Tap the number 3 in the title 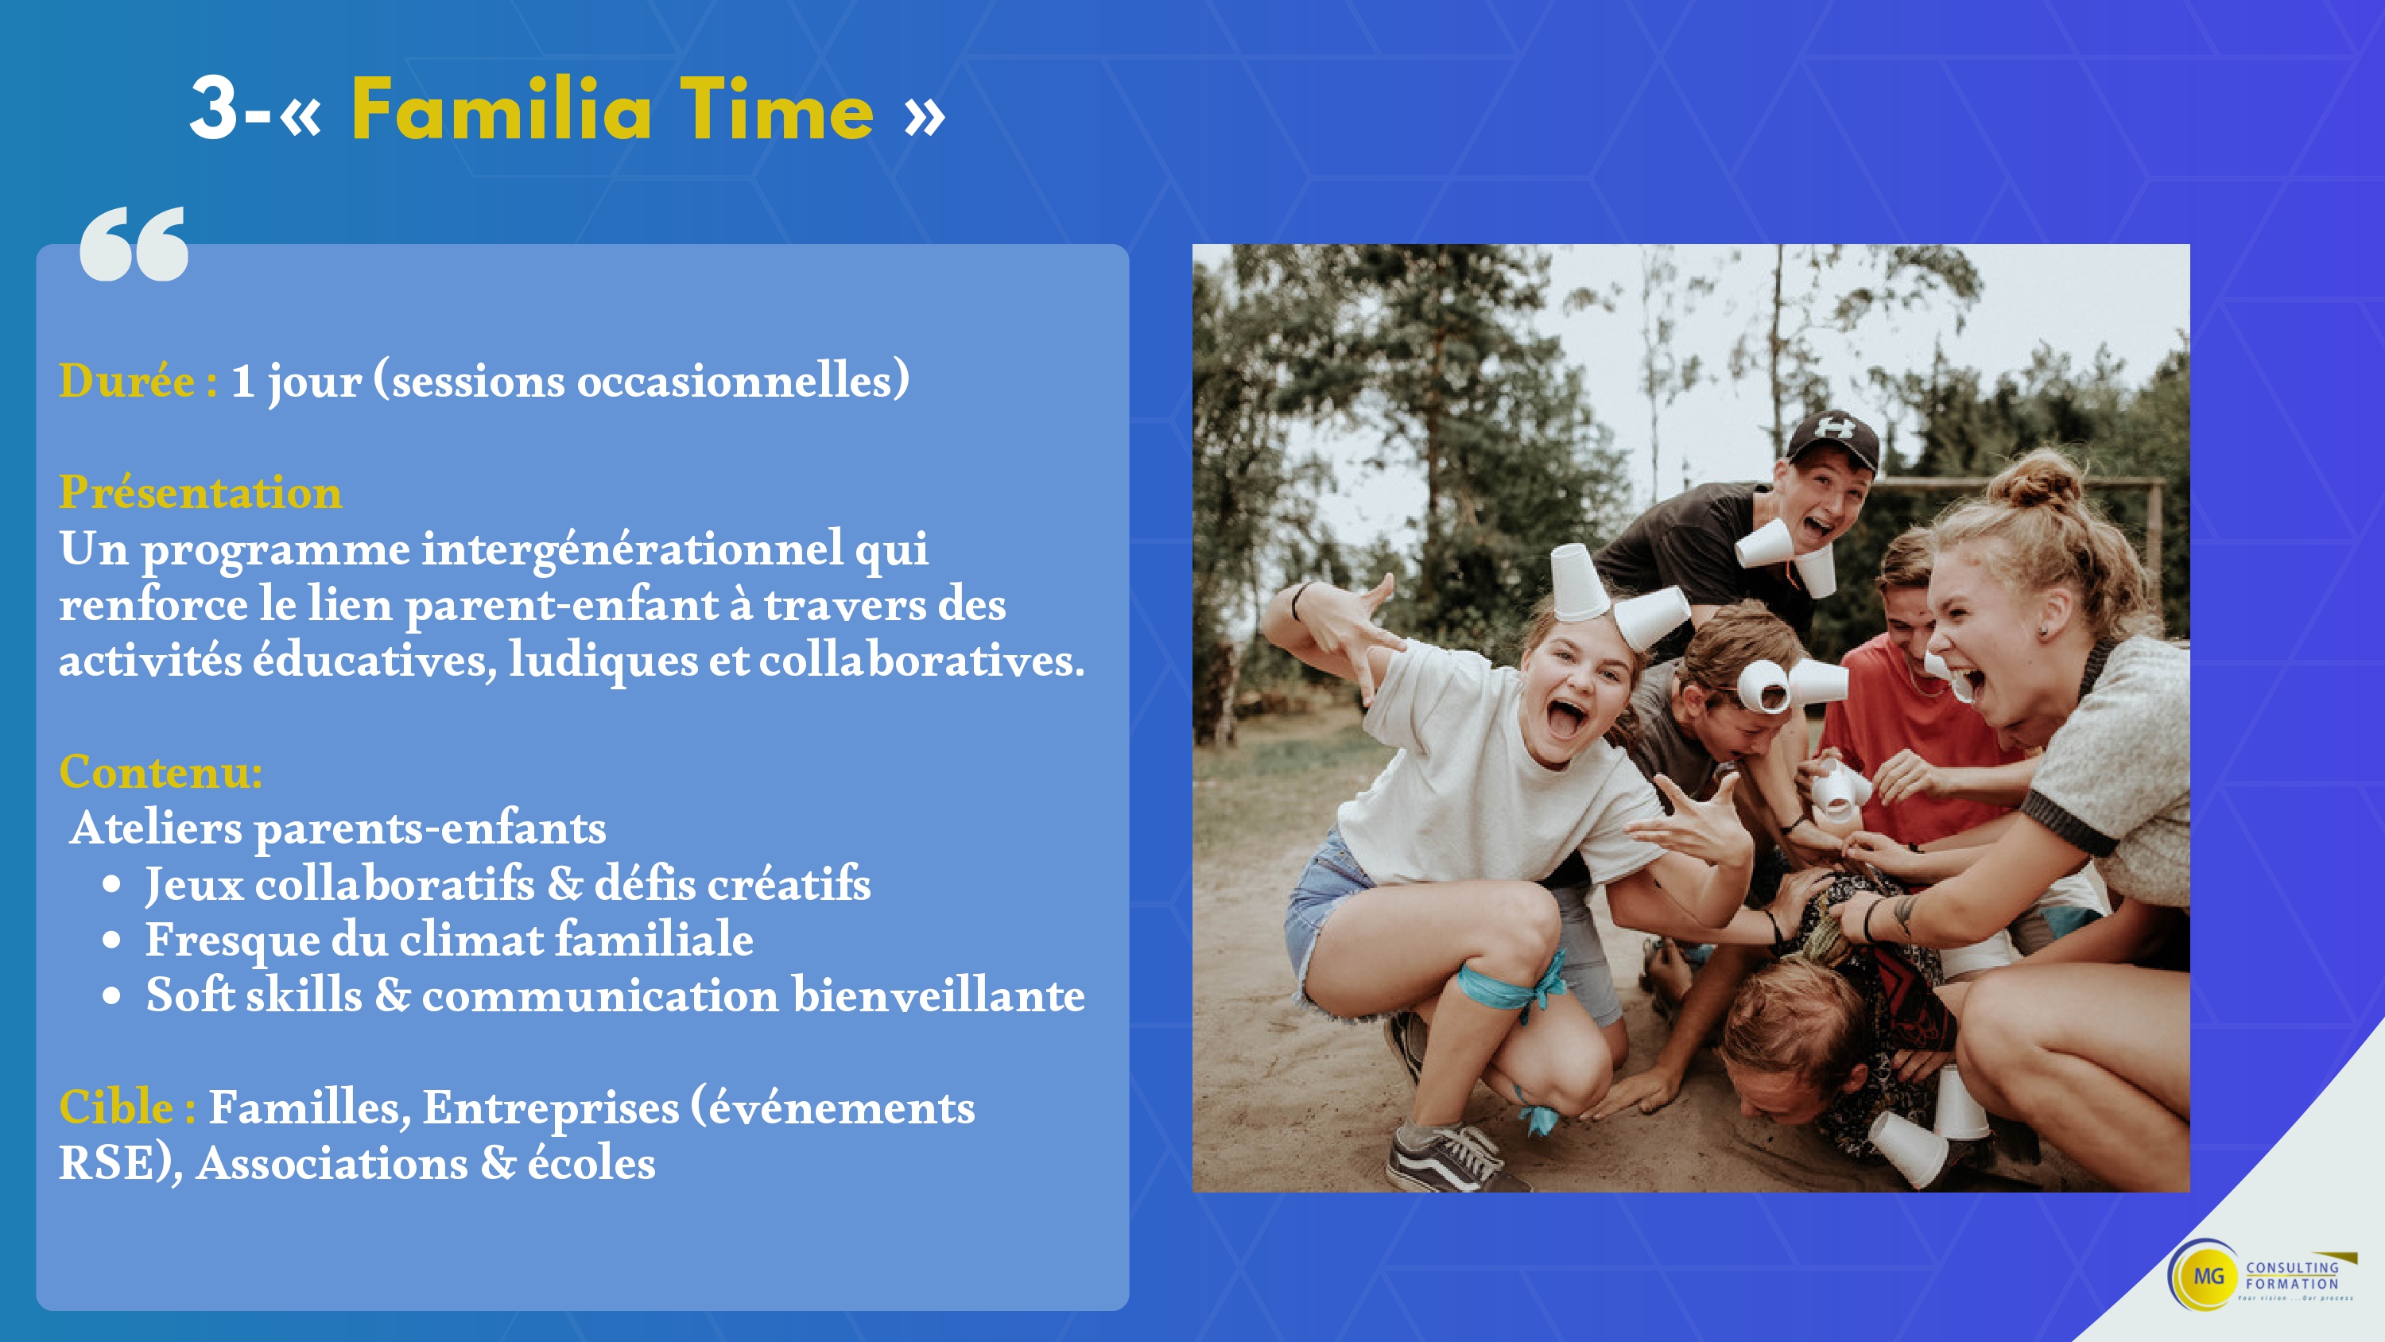215,108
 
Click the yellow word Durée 127,381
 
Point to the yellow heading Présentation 200,492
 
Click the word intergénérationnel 632,549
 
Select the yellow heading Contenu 160,771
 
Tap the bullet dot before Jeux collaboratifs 112,885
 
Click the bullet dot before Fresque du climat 112,940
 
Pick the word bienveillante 939,995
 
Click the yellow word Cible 116,1107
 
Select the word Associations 332,1163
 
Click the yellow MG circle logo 2207,1275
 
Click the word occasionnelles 736,381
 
